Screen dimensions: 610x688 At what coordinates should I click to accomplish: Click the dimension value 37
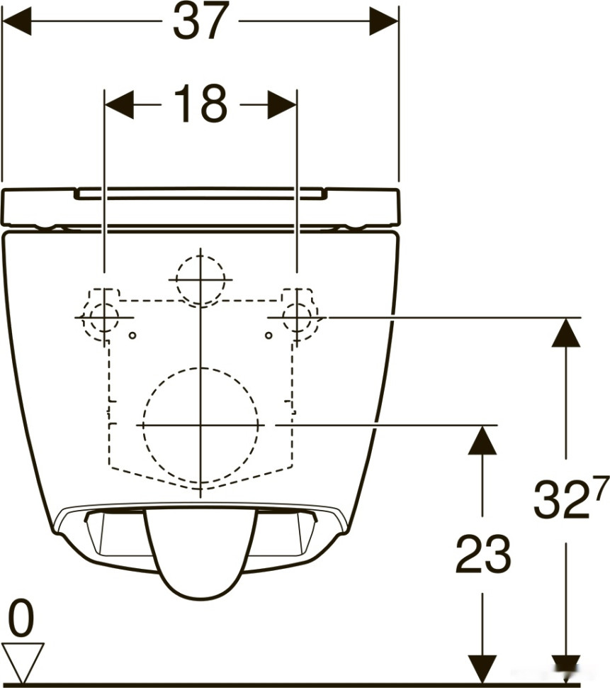(x=201, y=21)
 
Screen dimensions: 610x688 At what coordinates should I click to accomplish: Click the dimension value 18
(x=201, y=104)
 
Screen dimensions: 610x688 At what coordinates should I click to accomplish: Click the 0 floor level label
(x=21, y=618)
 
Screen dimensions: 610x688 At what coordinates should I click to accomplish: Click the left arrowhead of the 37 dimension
(x=17, y=21)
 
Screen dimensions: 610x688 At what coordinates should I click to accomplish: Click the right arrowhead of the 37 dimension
(x=384, y=21)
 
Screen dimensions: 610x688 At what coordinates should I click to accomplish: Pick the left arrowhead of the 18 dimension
(x=119, y=105)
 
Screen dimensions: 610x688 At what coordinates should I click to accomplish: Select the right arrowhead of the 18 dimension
(x=282, y=105)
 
